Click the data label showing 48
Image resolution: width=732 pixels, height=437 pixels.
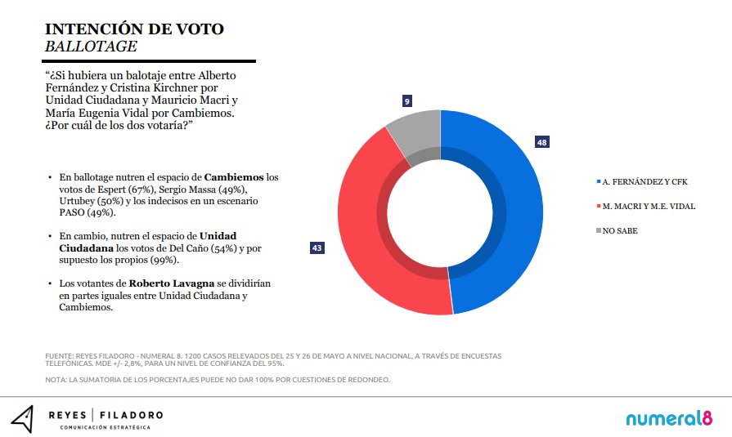point(541,142)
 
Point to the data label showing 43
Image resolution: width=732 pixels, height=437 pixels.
point(316,247)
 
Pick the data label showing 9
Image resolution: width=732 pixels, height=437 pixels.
point(406,100)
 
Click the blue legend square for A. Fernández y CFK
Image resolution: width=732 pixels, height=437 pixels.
point(596,182)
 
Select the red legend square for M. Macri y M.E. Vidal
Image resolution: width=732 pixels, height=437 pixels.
point(596,207)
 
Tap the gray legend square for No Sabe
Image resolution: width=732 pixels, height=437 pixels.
point(596,231)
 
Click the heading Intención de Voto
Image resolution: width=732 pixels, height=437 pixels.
point(134,29)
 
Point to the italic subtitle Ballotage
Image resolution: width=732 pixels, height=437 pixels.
point(91,47)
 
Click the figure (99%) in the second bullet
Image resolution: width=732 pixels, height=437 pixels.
point(164,260)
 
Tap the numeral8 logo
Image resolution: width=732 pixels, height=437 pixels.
point(663,418)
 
